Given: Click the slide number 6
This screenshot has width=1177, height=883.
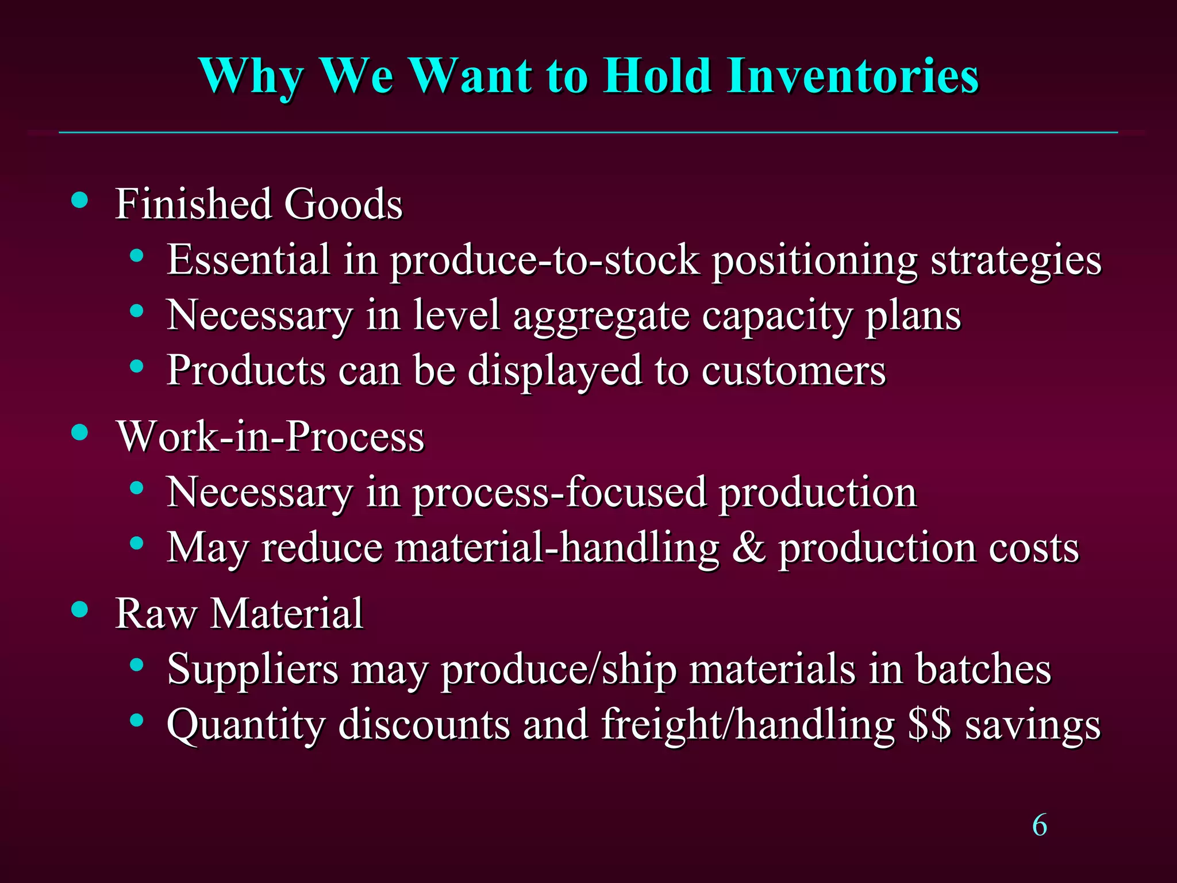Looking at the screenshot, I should click(1040, 826).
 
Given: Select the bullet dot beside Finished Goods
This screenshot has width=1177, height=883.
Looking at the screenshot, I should click(80, 201).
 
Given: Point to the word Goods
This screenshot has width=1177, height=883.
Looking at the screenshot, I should click(343, 204).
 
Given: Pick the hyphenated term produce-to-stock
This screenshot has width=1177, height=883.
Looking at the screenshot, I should click(544, 260).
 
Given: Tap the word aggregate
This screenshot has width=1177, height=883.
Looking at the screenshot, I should click(601, 317).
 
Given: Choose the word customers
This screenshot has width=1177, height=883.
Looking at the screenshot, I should click(793, 371).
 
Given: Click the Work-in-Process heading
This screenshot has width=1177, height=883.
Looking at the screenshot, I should click(270, 436).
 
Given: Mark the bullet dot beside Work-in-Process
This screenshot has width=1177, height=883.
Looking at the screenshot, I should click(80, 432).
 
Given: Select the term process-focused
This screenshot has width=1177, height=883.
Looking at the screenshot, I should click(559, 493).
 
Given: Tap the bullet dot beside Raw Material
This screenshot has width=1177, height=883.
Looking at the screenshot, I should click(80, 609).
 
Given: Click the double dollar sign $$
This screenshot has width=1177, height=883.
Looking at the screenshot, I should click(929, 724).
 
